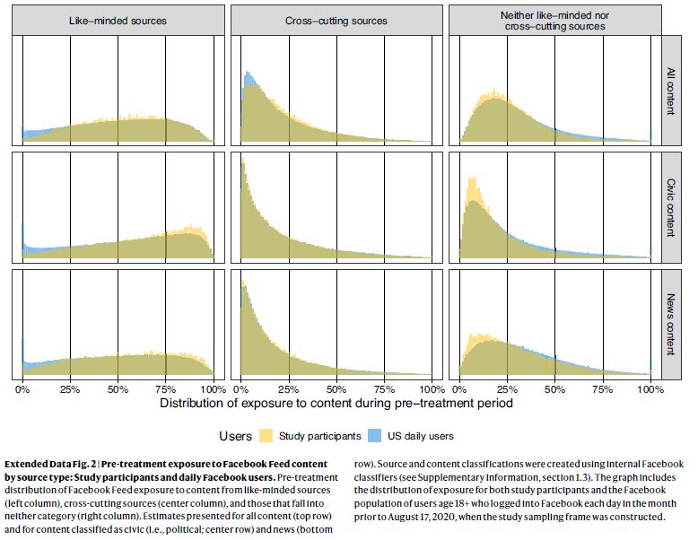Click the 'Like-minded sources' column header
(118, 20)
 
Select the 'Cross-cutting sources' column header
(336, 20)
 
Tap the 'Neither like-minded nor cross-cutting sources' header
(554, 20)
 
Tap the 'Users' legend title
(236, 436)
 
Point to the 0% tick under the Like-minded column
(22, 389)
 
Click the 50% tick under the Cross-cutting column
(336, 389)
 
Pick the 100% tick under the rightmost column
(650, 389)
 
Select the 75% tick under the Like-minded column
(165, 389)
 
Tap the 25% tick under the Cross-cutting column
(288, 389)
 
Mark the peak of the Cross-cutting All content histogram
(246, 74)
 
